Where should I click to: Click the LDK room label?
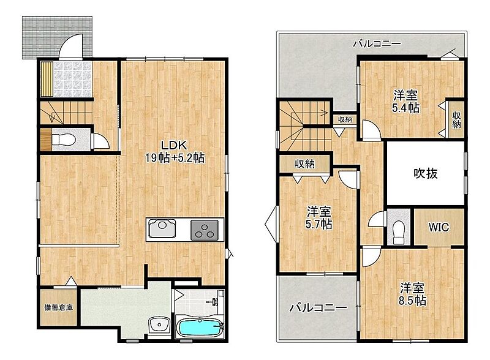point(175,151)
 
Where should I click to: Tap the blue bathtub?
point(200,328)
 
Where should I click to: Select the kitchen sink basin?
point(162,229)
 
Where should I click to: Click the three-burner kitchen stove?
point(205,230)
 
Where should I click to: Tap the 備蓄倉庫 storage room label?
point(58,307)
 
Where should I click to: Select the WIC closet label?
point(439,227)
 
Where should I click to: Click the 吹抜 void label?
point(426,173)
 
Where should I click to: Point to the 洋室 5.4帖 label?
point(406,101)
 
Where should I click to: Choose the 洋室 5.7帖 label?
point(318,218)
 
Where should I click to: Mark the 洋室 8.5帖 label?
point(412,294)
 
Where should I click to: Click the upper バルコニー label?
point(377,43)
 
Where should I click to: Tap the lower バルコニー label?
point(318,308)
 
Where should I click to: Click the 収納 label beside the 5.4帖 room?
point(456,119)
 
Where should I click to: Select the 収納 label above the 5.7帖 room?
point(304,163)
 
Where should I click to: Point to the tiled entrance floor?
point(72,78)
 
